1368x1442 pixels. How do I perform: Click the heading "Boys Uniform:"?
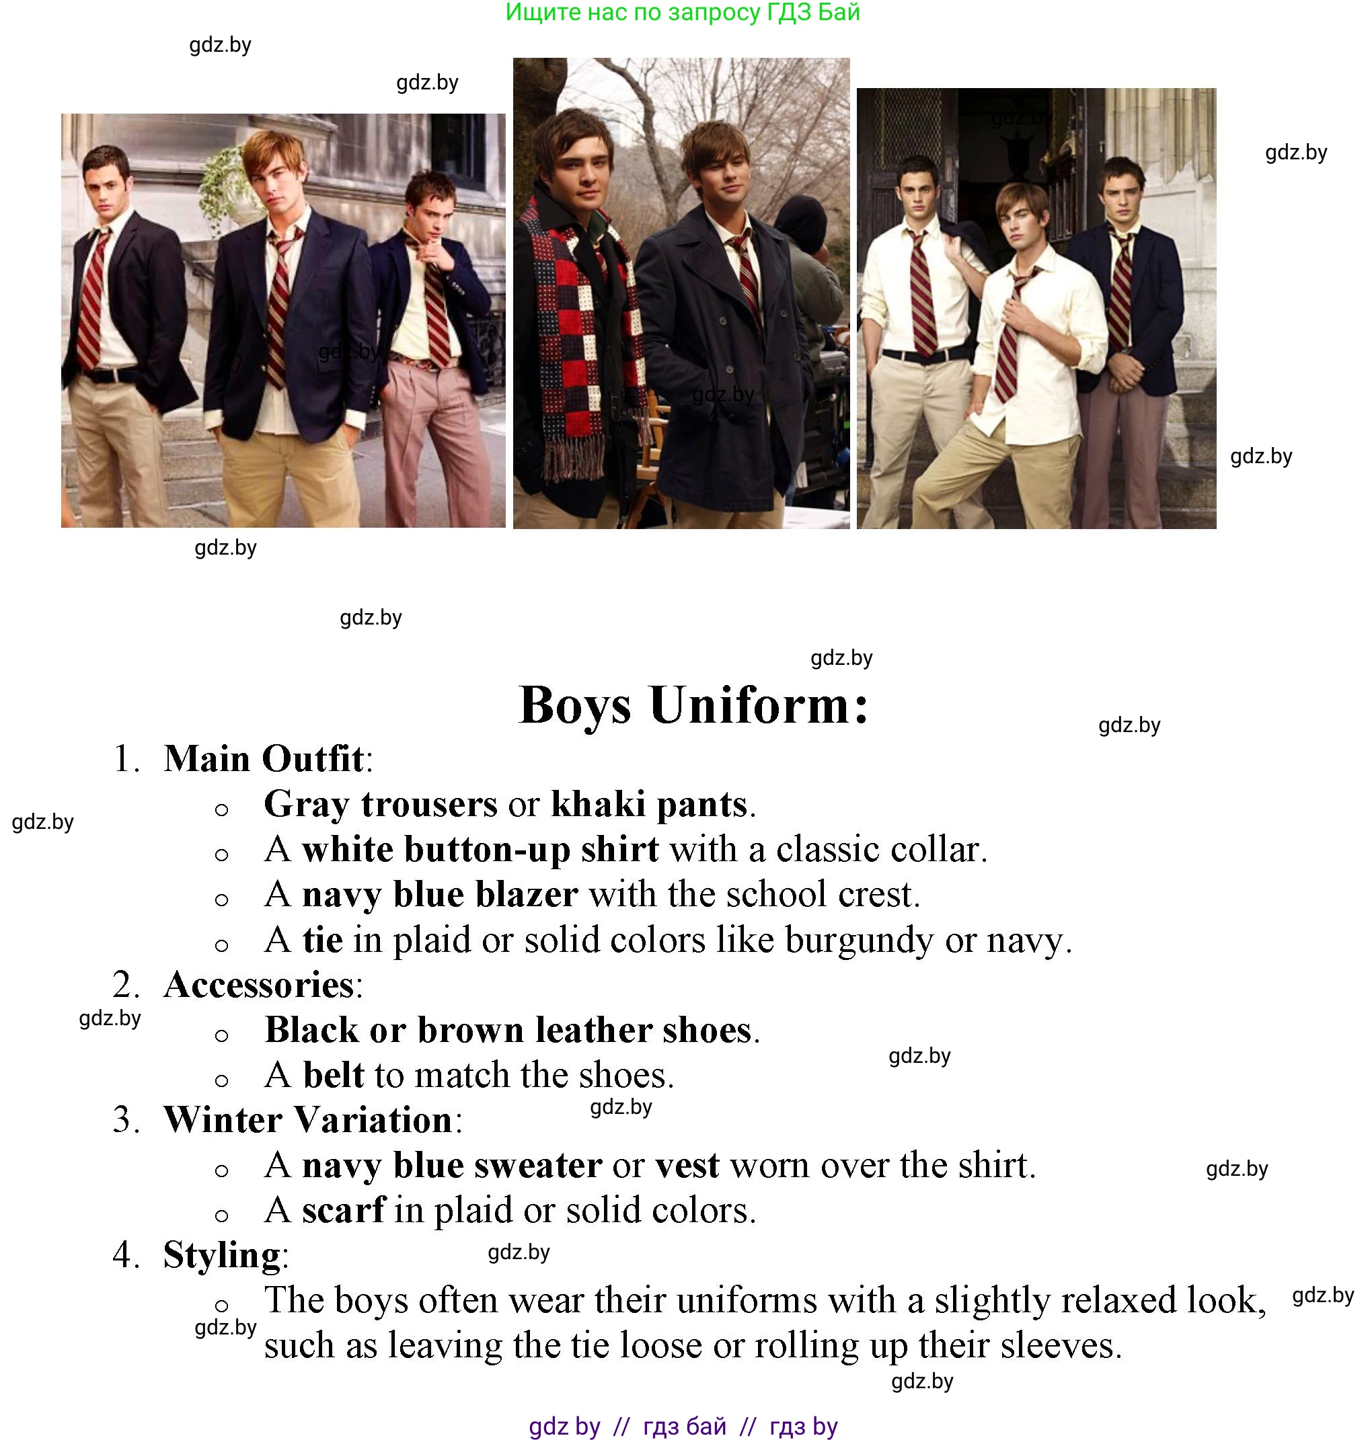point(694,706)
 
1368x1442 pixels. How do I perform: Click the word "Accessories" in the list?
point(259,984)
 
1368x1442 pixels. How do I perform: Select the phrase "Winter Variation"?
point(308,1120)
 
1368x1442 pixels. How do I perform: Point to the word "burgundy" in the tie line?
point(859,940)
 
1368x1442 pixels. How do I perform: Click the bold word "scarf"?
point(344,1210)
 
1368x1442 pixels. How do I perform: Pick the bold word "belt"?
point(333,1074)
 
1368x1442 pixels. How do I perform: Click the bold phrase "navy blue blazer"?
point(441,895)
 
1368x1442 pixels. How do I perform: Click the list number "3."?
point(126,1120)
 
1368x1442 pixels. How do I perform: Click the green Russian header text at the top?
point(683,12)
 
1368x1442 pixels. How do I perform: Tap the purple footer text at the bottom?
point(683,1425)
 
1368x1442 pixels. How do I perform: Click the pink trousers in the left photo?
point(438,438)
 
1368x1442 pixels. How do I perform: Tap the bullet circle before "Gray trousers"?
point(222,809)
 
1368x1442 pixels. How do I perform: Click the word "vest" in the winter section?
point(687,1165)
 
